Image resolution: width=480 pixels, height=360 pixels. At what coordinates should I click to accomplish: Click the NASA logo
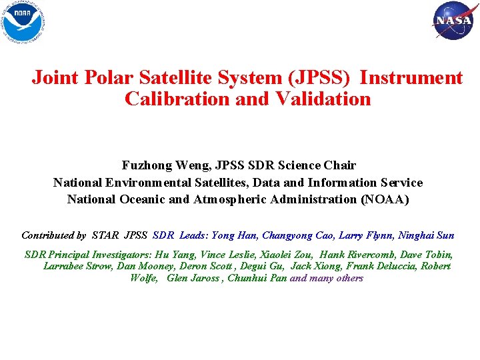[453, 20]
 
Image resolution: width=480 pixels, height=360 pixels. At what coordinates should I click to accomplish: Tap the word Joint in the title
[56, 78]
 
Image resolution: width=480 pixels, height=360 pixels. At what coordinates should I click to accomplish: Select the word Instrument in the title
[411, 78]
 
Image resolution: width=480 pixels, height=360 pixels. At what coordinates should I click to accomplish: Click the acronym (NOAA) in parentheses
[385, 200]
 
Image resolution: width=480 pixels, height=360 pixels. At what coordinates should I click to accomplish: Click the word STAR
[107, 235]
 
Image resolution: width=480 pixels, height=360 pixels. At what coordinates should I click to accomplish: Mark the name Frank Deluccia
[377, 266]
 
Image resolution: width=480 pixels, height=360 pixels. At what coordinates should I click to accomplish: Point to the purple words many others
[336, 278]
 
